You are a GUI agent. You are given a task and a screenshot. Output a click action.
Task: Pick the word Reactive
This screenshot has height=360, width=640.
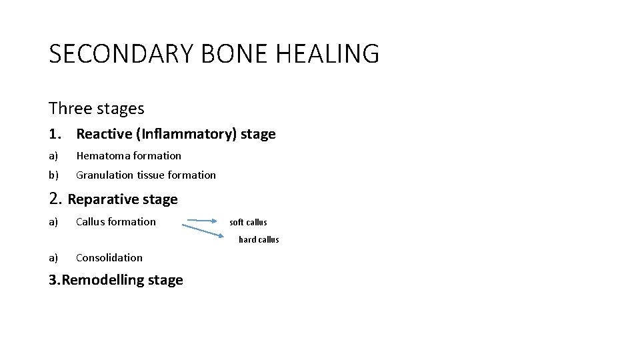[104, 134]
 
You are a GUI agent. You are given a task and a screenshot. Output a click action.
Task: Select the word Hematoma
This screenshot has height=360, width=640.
[103, 156]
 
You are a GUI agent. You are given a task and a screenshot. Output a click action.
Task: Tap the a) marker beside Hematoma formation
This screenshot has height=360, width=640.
[53, 156]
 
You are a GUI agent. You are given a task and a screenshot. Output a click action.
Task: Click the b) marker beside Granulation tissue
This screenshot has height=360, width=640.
[53, 175]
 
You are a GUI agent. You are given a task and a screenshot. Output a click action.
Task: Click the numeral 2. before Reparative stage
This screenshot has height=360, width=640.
[56, 199]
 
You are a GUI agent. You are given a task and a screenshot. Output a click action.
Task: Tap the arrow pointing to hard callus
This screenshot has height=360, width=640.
[203, 231]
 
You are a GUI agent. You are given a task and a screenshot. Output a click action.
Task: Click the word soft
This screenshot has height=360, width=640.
[236, 223]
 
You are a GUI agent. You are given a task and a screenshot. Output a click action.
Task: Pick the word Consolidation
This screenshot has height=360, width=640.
[109, 258]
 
